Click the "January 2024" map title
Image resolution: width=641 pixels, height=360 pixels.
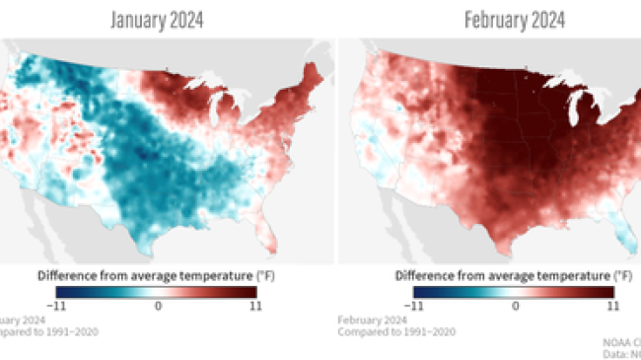[157, 20]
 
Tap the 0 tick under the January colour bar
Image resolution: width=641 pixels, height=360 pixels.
[157, 307]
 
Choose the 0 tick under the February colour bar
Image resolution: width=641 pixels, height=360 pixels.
[515, 307]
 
